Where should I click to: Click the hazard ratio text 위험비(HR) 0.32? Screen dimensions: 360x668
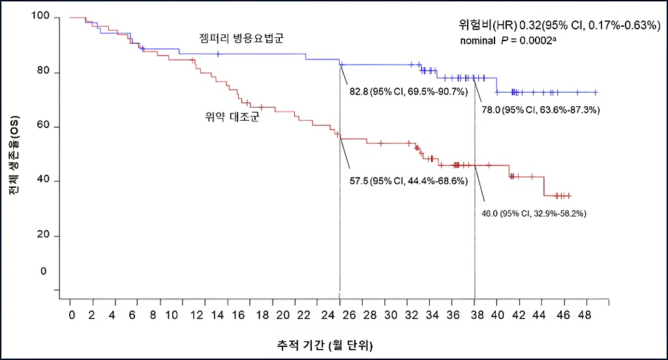coord(496,26)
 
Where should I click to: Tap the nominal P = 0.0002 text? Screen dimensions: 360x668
coord(508,41)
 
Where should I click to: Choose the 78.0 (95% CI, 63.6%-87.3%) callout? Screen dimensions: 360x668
coord(541,110)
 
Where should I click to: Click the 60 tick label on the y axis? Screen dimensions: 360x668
coord(44,127)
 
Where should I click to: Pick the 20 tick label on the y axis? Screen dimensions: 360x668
coord(44,235)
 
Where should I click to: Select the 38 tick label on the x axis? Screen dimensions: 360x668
coord(475,315)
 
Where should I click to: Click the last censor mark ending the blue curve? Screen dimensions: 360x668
coord(595,93)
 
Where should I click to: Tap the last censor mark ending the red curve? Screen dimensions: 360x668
coord(569,196)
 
